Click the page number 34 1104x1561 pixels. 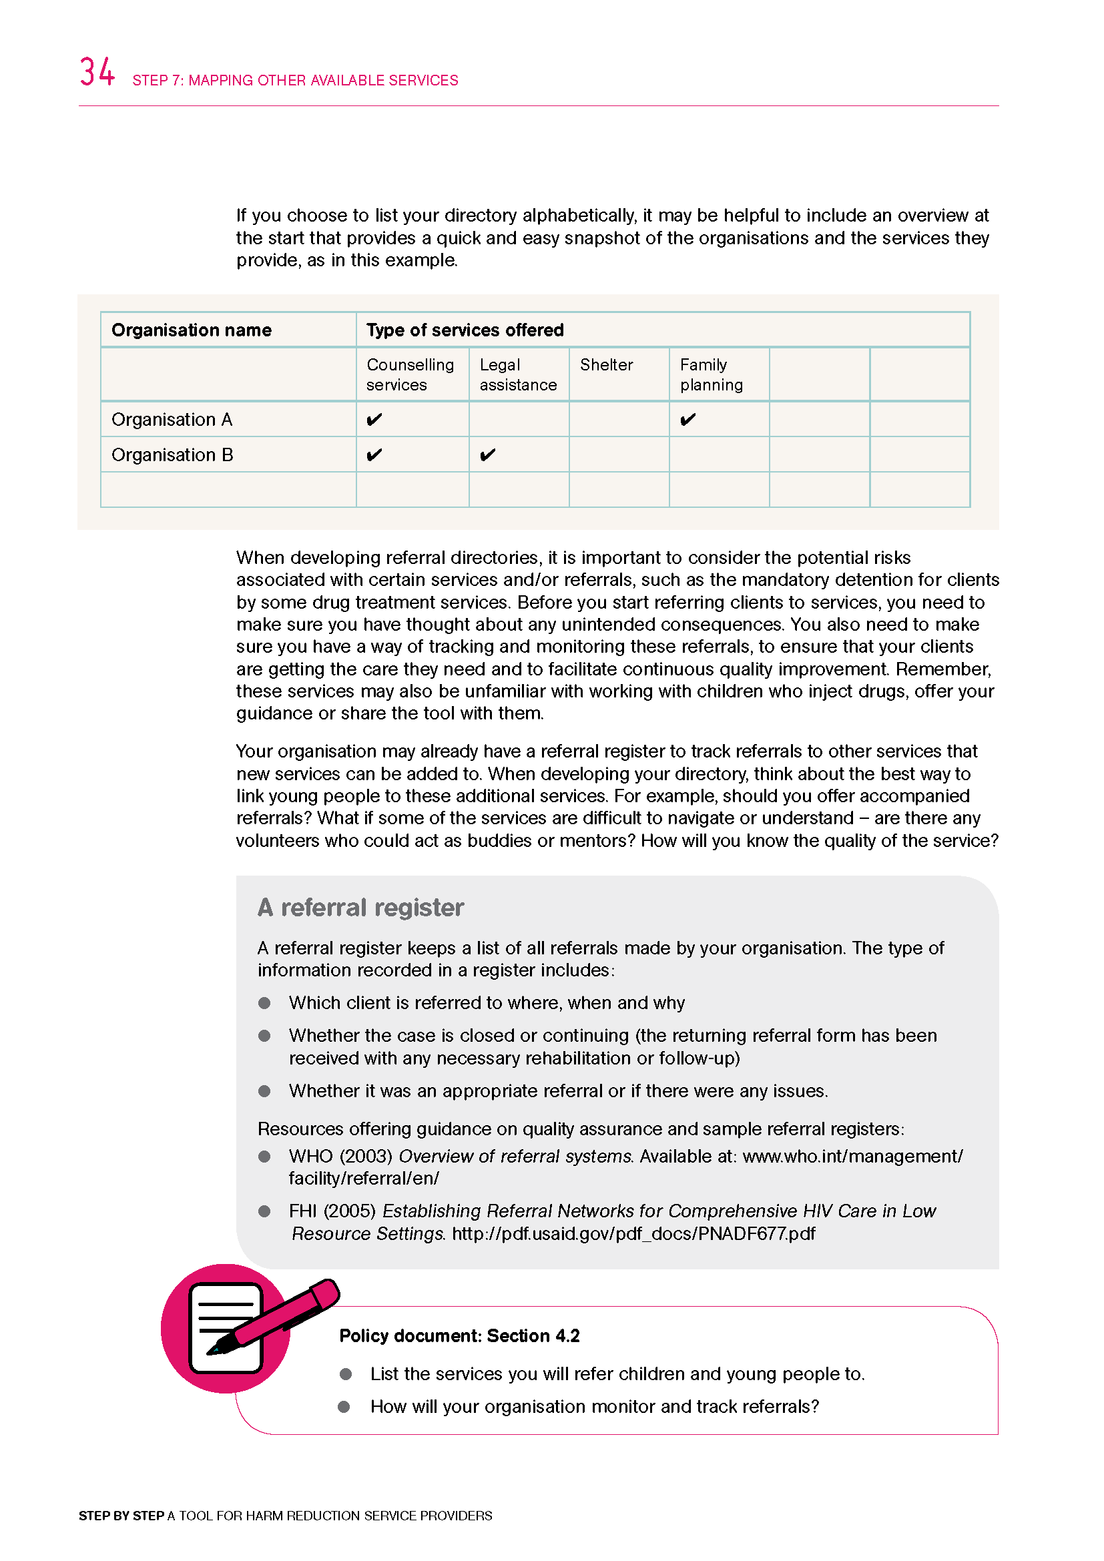click(x=97, y=71)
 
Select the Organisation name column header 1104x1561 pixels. click(x=191, y=330)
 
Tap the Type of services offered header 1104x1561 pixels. click(x=465, y=330)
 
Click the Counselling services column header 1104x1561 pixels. click(x=410, y=374)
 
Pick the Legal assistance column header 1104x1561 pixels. click(x=517, y=374)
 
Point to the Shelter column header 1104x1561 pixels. click(x=605, y=365)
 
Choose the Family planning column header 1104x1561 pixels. click(x=711, y=374)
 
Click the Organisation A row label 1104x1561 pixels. click(x=172, y=420)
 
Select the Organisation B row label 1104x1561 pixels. click(x=172, y=455)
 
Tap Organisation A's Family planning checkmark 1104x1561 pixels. click(x=687, y=420)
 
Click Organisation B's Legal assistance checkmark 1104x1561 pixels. click(x=487, y=455)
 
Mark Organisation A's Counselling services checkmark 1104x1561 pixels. click(x=374, y=420)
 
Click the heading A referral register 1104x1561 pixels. click(x=360, y=908)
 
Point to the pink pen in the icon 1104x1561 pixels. click(x=286, y=1314)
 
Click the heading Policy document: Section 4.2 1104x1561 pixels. click(x=459, y=1336)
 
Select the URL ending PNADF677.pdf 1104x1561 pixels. click(x=633, y=1233)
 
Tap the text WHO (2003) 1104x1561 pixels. click(x=340, y=1156)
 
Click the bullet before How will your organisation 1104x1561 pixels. click(x=344, y=1407)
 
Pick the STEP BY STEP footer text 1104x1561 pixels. click(x=121, y=1516)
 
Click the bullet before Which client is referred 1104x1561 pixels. click(x=264, y=1003)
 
